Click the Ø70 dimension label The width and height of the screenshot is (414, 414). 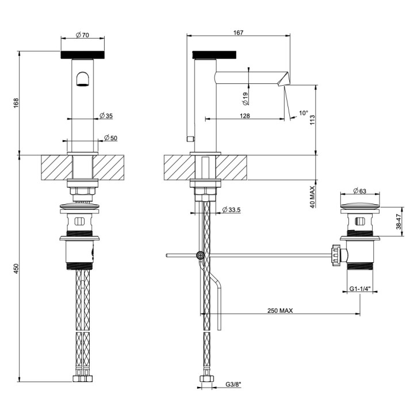(83, 35)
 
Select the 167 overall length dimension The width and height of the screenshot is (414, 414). (238, 32)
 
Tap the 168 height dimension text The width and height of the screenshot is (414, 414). (16, 103)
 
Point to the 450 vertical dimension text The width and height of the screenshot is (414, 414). (16, 269)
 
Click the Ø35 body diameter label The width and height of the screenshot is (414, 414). (106, 116)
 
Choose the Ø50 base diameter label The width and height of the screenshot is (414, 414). (110, 138)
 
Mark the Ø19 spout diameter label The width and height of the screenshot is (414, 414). (246, 99)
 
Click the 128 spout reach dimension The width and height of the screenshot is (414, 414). (245, 116)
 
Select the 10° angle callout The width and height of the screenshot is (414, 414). (304, 113)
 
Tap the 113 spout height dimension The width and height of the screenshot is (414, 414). (312, 120)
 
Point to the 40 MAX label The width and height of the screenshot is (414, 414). (312, 197)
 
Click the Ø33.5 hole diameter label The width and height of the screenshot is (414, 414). (232, 210)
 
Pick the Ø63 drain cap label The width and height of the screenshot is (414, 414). (359, 191)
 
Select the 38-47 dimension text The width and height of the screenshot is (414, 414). (398, 221)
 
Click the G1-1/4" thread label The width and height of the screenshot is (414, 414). (361, 289)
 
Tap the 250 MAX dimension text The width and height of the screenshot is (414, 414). (280, 310)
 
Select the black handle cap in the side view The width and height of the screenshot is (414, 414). (214, 55)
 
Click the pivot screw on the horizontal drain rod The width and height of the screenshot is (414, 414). (201, 255)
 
